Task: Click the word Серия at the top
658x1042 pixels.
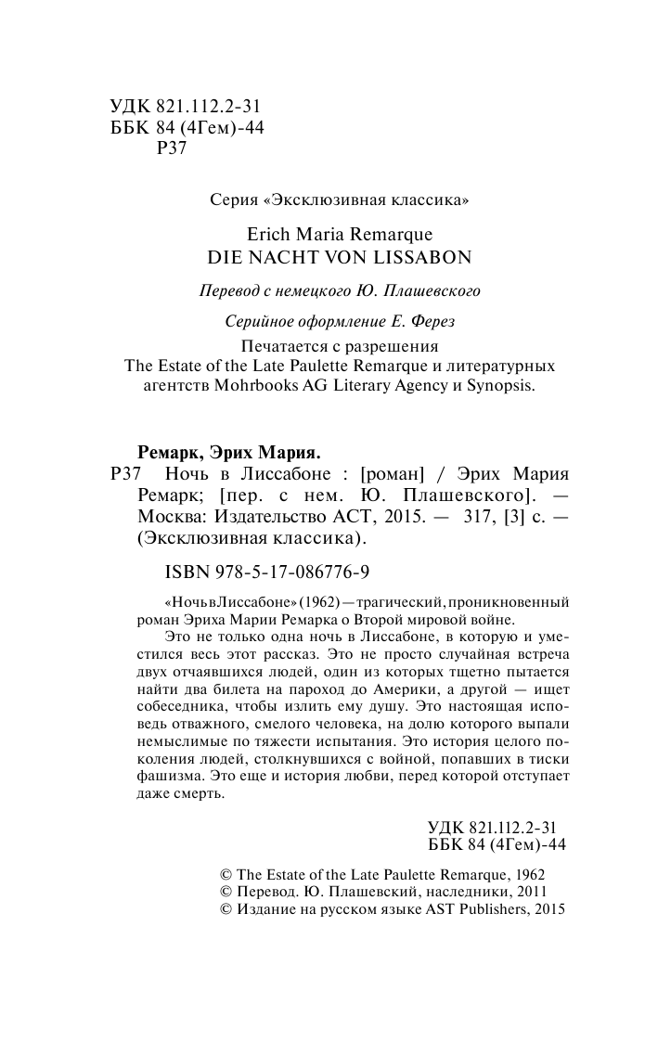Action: (231, 199)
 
